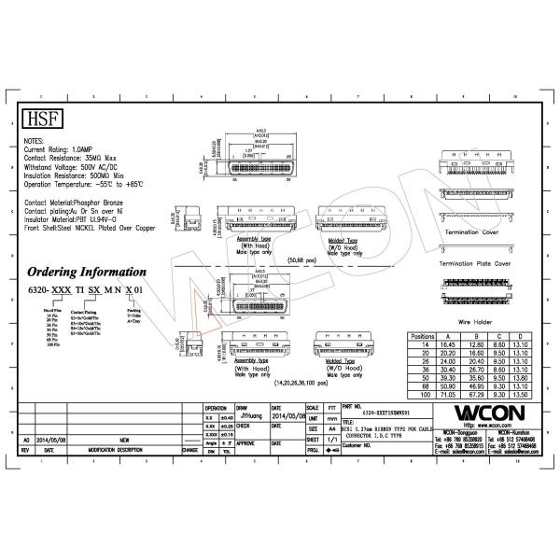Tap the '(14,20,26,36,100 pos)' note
(x=301, y=383)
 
